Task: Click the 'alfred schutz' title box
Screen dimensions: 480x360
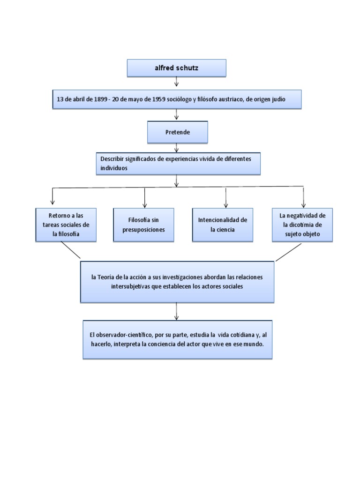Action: click(x=176, y=68)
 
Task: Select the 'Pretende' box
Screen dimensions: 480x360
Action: click(x=177, y=132)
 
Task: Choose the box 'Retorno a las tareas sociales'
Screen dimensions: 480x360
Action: click(x=66, y=225)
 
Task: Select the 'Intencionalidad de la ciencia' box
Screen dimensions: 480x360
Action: click(x=223, y=225)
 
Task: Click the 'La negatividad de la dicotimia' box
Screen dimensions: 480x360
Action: click(x=302, y=225)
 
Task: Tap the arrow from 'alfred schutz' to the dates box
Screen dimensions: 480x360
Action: click(x=177, y=82)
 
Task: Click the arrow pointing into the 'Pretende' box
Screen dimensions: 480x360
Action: click(x=177, y=114)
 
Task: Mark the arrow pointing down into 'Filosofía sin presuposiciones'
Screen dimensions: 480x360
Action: click(x=145, y=198)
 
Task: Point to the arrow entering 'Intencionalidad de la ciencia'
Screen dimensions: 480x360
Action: click(x=226, y=198)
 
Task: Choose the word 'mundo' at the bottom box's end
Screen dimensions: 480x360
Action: click(x=255, y=344)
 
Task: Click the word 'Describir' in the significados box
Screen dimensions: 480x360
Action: click(x=112, y=159)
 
